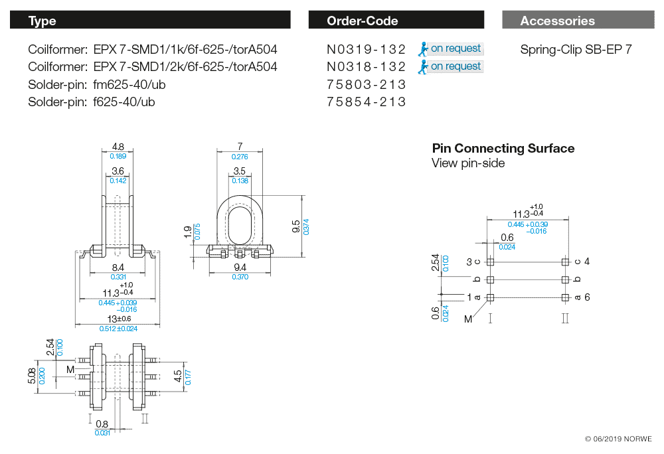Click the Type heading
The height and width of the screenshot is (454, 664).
tap(42, 21)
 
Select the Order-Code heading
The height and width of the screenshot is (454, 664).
tap(362, 21)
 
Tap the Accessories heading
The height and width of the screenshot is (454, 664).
tap(558, 21)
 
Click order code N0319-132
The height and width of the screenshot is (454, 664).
tap(366, 49)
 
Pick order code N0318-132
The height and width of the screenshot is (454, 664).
tap(366, 67)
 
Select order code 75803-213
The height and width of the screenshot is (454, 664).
tap(366, 85)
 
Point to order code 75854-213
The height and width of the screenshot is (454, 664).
tap(366, 102)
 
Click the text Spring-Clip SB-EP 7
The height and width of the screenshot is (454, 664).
tap(576, 49)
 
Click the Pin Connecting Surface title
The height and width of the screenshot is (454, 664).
tap(503, 149)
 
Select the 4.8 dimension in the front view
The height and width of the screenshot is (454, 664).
tap(118, 147)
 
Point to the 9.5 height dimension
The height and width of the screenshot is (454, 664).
tap(296, 226)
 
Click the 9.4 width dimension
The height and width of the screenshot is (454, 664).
tap(240, 267)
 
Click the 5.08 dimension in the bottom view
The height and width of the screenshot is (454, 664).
tap(31, 376)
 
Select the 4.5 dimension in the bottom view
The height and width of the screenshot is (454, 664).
tap(178, 376)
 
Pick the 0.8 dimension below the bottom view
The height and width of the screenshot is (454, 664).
tap(102, 424)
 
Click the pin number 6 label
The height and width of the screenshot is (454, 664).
tap(587, 297)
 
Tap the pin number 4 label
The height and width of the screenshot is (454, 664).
tap(587, 262)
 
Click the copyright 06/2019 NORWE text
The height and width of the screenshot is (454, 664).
tap(618, 439)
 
